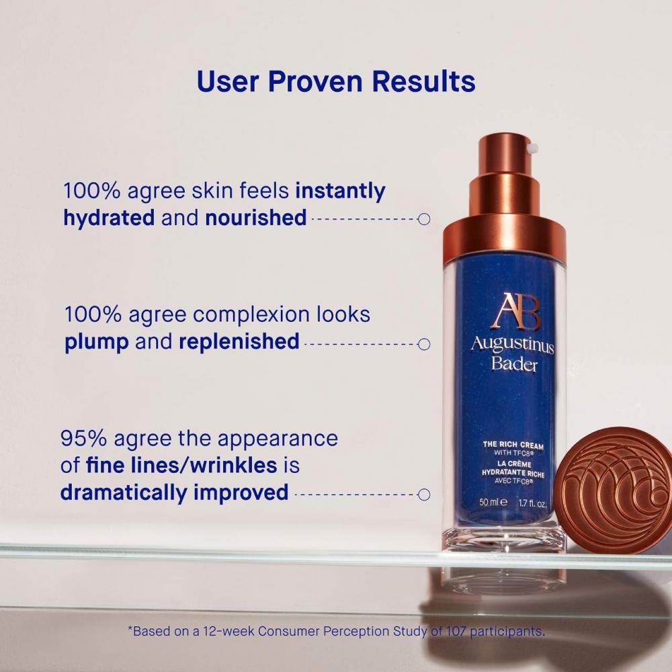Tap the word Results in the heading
click(x=425, y=81)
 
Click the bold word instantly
click(x=341, y=191)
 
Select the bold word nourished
click(x=256, y=218)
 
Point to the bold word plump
click(x=97, y=341)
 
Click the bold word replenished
click(x=239, y=341)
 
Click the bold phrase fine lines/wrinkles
click(x=182, y=465)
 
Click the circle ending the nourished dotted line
click(x=424, y=219)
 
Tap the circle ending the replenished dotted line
click(x=424, y=344)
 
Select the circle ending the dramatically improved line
click(x=424, y=495)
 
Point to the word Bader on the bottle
click(x=514, y=365)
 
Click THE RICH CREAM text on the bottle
click(x=513, y=445)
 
